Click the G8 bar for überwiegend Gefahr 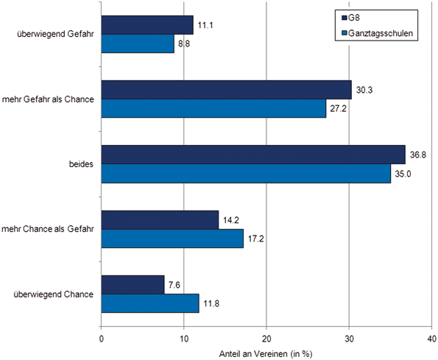[147, 25]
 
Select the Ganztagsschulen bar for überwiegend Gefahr [138, 44]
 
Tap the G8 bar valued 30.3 [226, 89]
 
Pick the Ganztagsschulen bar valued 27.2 [213, 108]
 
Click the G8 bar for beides [253, 154]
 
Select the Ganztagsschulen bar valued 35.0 [246, 173]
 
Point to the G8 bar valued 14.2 [160, 219]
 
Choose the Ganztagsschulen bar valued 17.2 [172, 239]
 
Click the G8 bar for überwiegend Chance [133, 284]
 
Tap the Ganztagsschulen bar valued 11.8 [150, 303]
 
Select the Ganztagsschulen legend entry [380, 34]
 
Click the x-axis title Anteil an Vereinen [266, 353]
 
